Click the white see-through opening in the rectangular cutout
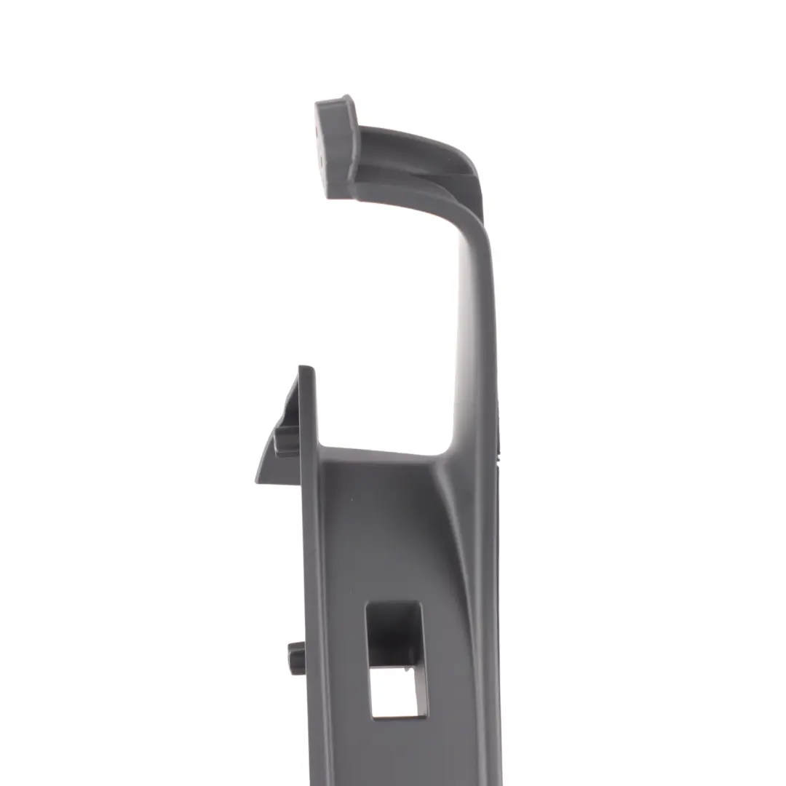click(x=393, y=691)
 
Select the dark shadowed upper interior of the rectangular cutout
click(x=389, y=633)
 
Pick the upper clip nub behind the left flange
click(x=286, y=440)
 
